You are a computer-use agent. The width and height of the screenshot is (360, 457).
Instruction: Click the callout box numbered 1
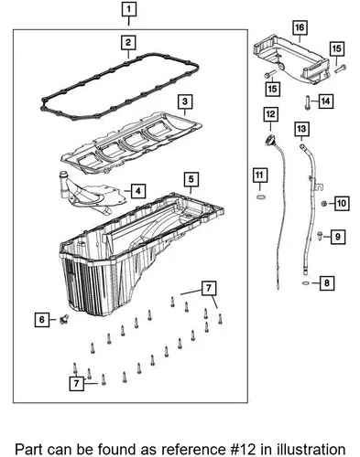(128, 9)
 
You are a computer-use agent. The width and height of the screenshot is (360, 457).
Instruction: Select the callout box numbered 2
(128, 42)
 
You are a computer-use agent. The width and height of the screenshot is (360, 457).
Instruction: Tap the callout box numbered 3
(185, 101)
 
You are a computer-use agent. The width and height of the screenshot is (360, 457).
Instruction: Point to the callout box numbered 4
(138, 191)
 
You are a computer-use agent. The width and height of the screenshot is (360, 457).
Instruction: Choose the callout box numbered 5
(191, 179)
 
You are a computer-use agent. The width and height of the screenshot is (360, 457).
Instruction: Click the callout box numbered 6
(42, 320)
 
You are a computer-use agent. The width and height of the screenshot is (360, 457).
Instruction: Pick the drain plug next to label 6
(64, 319)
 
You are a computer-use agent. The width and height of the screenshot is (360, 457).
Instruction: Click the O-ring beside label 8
(306, 283)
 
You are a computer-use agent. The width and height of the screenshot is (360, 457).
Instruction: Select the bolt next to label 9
(320, 235)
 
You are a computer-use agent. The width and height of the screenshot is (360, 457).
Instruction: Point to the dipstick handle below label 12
(270, 141)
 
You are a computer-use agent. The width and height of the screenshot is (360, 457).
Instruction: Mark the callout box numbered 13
(301, 129)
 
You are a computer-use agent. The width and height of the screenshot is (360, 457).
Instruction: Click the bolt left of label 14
(307, 102)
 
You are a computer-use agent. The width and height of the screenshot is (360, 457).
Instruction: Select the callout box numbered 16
(300, 27)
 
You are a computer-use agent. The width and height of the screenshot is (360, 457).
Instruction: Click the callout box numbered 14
(325, 101)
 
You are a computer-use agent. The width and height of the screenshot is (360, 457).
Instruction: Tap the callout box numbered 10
(342, 203)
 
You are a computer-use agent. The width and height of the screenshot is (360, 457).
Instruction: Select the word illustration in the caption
(311, 450)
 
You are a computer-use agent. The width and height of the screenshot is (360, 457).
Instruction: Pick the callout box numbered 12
(270, 115)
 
